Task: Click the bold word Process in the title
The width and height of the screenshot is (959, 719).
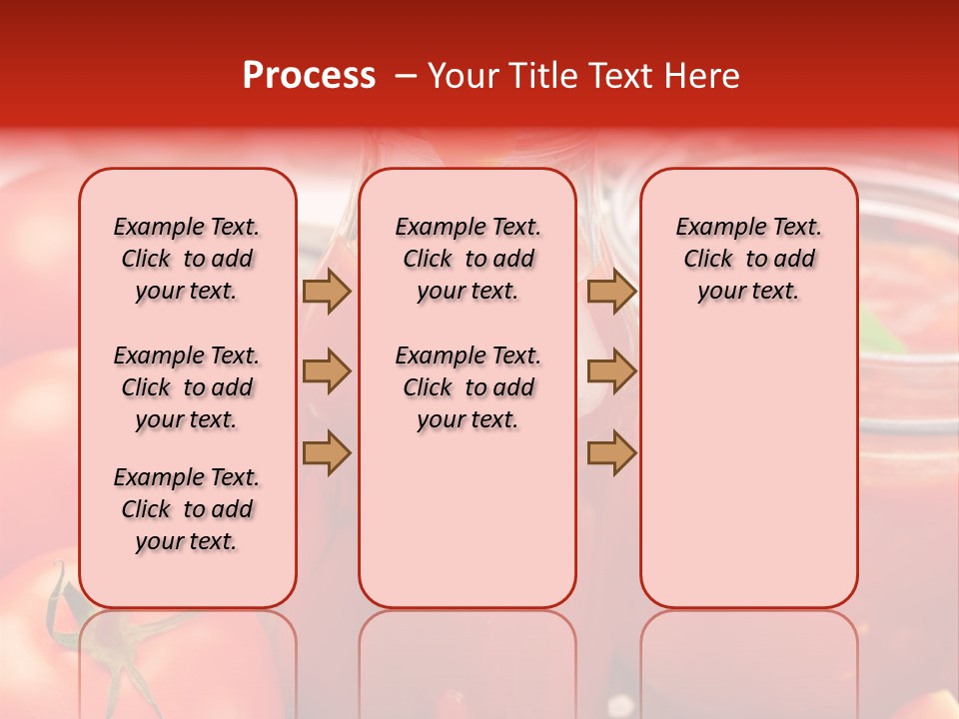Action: click(x=309, y=76)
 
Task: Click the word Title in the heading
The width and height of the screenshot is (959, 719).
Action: click(x=540, y=76)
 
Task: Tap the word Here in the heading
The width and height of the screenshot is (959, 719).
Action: click(x=703, y=76)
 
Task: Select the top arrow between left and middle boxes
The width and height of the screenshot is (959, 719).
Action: click(x=327, y=292)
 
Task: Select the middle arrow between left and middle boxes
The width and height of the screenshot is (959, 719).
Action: click(x=327, y=371)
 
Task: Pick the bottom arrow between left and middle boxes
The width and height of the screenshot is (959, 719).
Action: click(x=327, y=452)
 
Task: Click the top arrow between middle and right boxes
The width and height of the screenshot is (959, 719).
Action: click(x=611, y=292)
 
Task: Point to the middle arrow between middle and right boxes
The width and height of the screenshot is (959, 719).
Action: click(x=611, y=371)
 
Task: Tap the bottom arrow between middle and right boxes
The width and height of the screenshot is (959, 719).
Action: click(x=611, y=452)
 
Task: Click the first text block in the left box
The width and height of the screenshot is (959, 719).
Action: click(x=187, y=259)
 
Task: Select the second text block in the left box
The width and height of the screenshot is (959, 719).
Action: click(x=187, y=387)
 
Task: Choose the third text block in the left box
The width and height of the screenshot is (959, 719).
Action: click(x=187, y=509)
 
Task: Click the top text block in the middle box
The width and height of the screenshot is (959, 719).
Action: click(x=468, y=259)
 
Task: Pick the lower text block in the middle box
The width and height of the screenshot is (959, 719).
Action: click(x=468, y=387)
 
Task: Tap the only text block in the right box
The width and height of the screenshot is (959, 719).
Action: click(x=749, y=259)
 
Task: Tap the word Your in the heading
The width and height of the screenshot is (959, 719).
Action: click(x=462, y=76)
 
